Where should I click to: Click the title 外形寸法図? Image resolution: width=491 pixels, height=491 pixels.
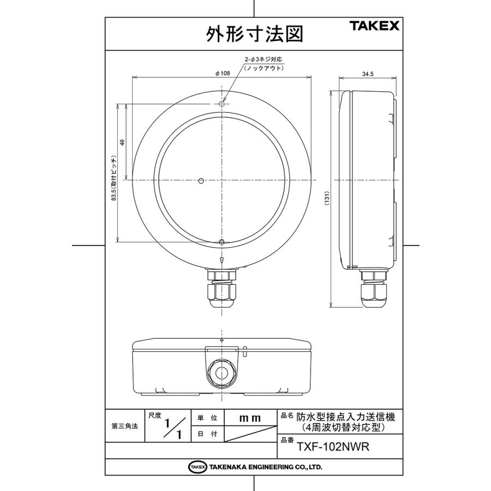click(253, 34)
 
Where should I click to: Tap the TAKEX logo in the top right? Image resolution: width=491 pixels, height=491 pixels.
click(374, 26)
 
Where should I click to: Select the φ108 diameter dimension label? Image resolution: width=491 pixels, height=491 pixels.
click(222, 73)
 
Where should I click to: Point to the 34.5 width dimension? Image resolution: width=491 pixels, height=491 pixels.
click(367, 75)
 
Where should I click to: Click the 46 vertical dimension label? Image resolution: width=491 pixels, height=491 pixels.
click(123, 142)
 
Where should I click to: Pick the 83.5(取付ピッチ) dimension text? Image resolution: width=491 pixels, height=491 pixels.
click(114, 179)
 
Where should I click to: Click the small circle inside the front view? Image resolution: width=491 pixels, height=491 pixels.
click(201, 180)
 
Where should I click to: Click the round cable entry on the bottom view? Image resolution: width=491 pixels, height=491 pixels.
click(221, 373)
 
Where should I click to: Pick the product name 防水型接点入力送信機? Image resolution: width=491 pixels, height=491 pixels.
click(345, 416)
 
